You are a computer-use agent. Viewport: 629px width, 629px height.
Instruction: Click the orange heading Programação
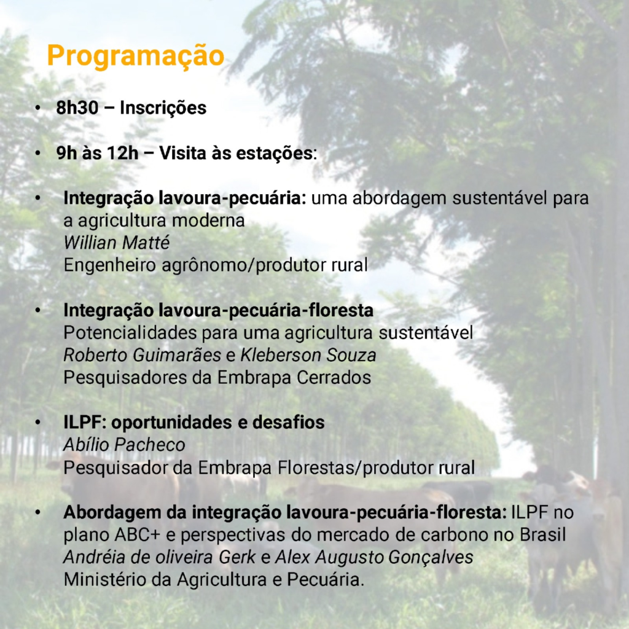pos(135,56)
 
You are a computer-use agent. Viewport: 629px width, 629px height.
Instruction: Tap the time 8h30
pos(77,107)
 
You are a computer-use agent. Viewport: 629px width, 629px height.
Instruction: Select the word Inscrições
pos(163,107)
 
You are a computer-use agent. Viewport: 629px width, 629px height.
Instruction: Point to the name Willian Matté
pos(116,242)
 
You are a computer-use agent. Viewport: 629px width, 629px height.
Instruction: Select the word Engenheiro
pos(109,265)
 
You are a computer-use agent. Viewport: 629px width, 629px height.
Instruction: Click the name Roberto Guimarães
pos(142,355)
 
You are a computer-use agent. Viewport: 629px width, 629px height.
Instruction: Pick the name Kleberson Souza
pos(308,355)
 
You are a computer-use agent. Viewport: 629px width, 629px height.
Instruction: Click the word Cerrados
pos(334,378)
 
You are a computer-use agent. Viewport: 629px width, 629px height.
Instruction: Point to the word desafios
pos(288,423)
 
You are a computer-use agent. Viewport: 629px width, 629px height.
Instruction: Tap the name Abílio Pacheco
pos(124,445)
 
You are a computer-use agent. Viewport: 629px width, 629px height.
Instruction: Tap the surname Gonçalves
pos(431,557)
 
